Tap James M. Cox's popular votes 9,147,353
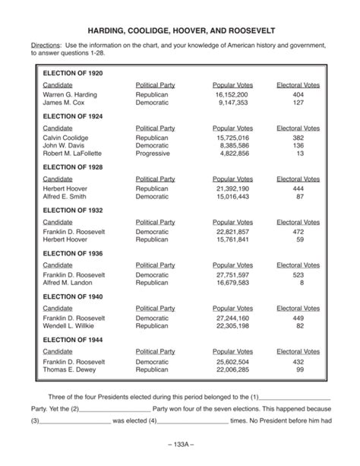(232, 102)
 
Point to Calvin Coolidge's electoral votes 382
(298, 138)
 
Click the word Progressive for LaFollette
(153, 153)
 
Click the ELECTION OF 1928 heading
(72, 166)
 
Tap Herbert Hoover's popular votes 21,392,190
(232, 189)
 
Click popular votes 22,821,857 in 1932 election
(232, 232)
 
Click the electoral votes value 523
(298, 274)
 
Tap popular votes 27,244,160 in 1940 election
(232, 318)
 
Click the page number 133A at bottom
(180, 444)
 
